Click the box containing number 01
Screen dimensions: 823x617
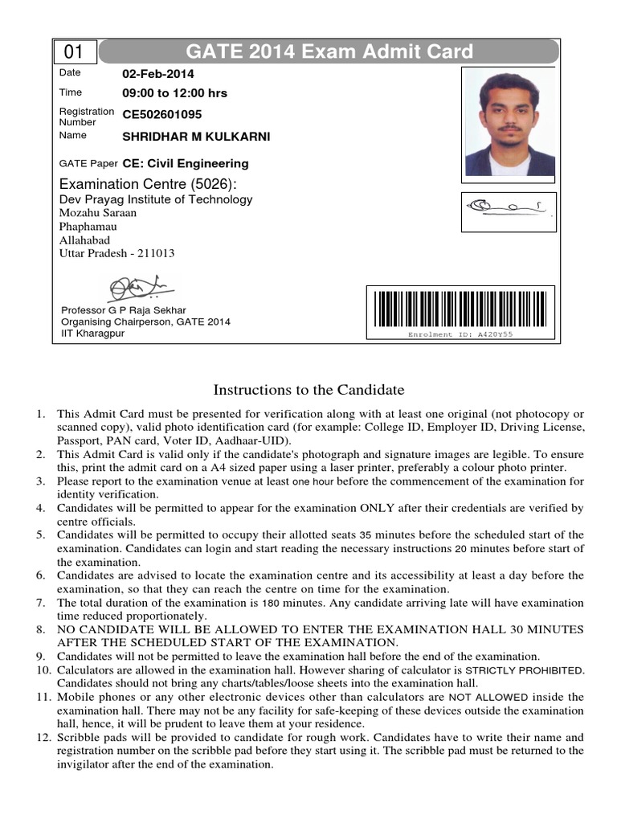point(75,53)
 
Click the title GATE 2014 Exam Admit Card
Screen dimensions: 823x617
point(329,53)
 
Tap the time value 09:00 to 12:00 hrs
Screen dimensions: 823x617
point(174,93)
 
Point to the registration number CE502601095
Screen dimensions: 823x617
point(162,115)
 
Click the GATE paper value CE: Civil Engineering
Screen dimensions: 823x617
point(186,164)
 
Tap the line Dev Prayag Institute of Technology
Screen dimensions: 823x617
point(156,199)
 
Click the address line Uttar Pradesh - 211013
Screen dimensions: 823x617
point(117,254)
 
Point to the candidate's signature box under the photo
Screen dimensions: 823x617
point(507,211)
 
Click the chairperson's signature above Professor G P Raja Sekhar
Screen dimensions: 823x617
point(137,285)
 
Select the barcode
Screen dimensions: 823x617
point(460,308)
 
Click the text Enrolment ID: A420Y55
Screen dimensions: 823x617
point(460,334)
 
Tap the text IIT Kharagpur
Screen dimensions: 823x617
point(93,334)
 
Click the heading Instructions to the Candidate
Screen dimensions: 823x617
point(308,391)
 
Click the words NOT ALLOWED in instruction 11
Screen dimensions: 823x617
point(488,698)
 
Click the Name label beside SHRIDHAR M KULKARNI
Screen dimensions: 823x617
point(72,136)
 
